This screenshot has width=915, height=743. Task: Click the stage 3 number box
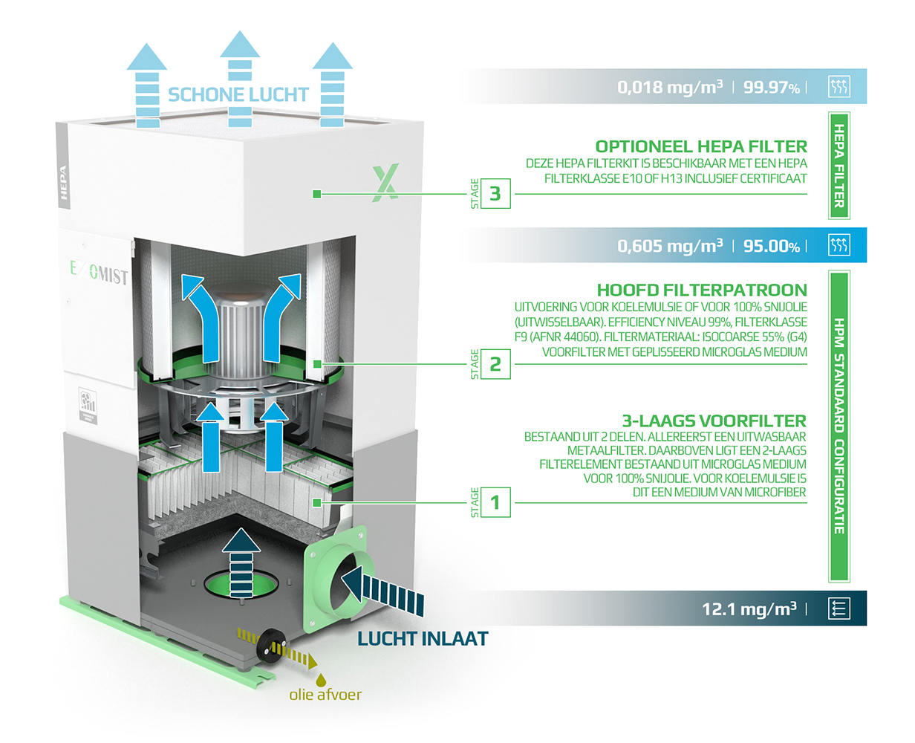coord(495,194)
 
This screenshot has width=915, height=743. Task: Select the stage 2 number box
coord(495,364)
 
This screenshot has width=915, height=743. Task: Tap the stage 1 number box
coord(495,503)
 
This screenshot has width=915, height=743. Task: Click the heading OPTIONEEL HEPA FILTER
coord(701,146)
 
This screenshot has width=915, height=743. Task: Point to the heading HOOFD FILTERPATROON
coord(702,290)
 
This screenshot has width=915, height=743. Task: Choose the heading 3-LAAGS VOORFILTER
coord(714,421)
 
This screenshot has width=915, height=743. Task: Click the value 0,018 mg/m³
coord(669,87)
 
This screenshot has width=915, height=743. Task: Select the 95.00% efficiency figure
coord(772,246)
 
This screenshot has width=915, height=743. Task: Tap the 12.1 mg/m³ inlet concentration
coord(749,609)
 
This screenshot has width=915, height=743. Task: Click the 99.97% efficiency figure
coord(772,87)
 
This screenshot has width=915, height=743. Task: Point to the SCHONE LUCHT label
coord(238,94)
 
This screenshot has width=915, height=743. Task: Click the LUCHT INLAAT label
coord(423,638)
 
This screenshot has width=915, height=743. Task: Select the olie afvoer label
coord(325,695)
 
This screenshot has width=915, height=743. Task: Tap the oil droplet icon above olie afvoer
coord(321,678)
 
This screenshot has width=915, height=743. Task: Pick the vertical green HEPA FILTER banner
coord(839,166)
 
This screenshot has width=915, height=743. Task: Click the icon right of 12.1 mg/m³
coord(839,609)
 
